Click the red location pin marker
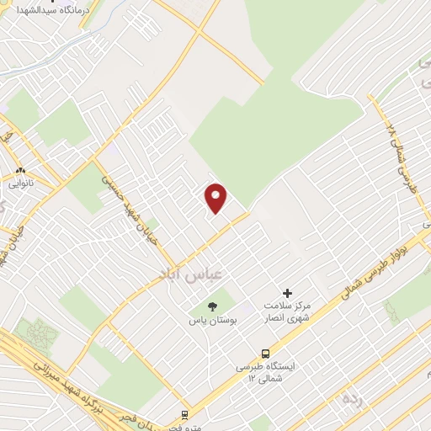[x=217, y=197]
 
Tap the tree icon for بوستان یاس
[x=210, y=306]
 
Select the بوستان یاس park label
[x=210, y=322]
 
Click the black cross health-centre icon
[x=288, y=293]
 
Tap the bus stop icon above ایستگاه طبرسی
[x=266, y=354]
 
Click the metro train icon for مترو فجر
[x=185, y=415]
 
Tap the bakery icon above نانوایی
[x=17, y=168]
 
